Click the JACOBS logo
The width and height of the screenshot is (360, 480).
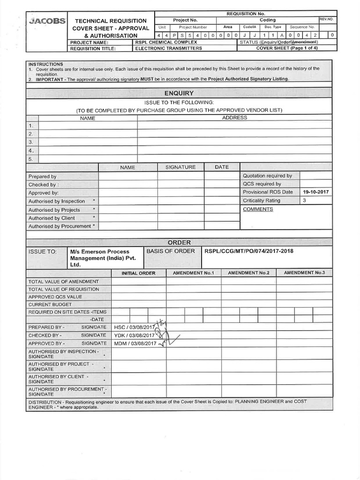[x=47, y=22]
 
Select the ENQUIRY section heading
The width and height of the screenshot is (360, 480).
[x=179, y=93]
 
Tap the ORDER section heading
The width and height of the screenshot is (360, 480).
[x=179, y=242]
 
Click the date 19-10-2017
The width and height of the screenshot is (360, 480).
[x=315, y=192]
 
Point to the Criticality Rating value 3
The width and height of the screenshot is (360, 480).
[x=304, y=201]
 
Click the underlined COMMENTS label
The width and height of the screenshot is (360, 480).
[x=258, y=209]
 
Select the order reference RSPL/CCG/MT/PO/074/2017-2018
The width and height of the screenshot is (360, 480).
[x=249, y=251]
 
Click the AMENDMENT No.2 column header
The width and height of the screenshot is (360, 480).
[x=248, y=273]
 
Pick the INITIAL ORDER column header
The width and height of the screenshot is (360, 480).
[x=138, y=273]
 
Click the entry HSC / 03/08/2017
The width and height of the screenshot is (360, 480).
[x=134, y=327]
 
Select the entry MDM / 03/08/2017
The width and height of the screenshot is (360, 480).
[x=135, y=344]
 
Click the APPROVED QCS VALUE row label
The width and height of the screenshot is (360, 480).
[x=55, y=297]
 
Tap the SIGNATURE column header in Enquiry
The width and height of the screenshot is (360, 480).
[x=180, y=167]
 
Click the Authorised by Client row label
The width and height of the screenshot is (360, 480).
[x=52, y=218]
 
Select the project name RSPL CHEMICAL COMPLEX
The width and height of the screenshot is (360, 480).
[x=166, y=42]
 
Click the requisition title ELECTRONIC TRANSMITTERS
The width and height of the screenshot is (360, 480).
[x=168, y=48]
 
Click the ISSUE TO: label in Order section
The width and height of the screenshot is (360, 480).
[x=43, y=252]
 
